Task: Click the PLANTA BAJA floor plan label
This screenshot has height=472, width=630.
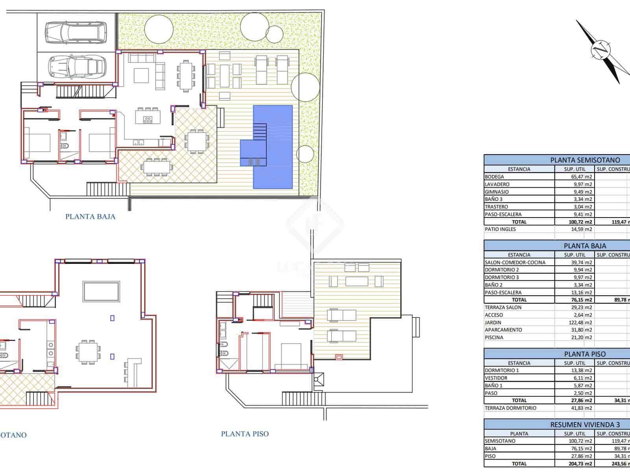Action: coord(90,217)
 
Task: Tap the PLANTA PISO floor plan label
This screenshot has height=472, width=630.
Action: coord(245,434)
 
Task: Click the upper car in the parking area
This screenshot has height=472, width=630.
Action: coord(76,32)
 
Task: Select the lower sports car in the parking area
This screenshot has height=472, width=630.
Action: coord(77,66)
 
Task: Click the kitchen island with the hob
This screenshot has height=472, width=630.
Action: coord(148,117)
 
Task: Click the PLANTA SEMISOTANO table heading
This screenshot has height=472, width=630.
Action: coord(585,160)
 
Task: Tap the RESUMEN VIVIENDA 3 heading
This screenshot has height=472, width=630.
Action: coord(585,425)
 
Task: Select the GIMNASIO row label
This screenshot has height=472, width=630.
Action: coord(497,192)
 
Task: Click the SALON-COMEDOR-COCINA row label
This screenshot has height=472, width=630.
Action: coord(515,262)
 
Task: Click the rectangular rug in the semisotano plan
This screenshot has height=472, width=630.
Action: coord(101,291)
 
